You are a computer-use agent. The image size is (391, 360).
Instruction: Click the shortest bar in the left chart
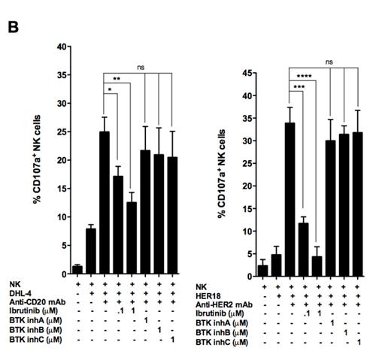[x=77, y=268]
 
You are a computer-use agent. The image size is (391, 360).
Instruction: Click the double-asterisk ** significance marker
[x=117, y=78]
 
